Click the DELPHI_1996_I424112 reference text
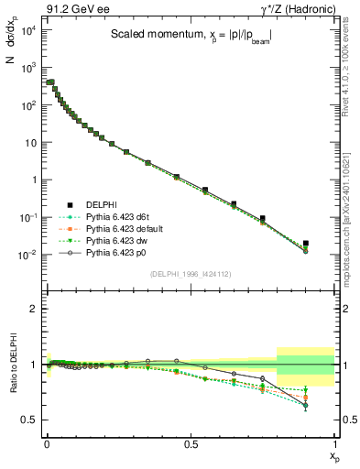[189, 273]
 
